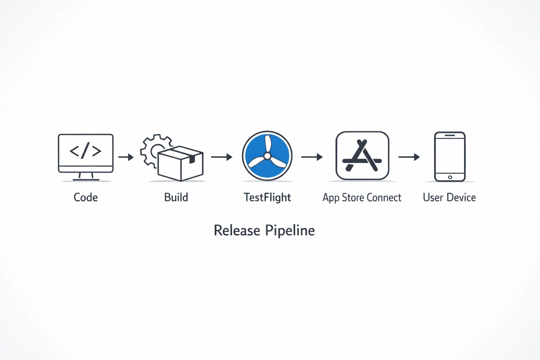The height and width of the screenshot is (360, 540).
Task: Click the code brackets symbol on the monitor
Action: coord(85,150)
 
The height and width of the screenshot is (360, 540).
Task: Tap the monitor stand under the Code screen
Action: coord(86,176)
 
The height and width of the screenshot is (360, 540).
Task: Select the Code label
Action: coord(85,197)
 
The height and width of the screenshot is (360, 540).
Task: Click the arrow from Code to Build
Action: coord(126,157)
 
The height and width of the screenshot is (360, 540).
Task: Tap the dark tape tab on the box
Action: coord(192,159)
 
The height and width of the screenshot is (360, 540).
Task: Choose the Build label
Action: coord(176,197)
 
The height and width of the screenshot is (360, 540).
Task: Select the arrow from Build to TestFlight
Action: coord(221,157)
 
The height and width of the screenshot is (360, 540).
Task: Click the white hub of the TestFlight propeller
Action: coord(267,155)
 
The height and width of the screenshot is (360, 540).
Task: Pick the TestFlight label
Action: coord(267,198)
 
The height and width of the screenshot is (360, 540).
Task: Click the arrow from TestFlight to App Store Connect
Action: coord(312,157)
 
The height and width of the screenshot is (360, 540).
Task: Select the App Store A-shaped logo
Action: coord(362,156)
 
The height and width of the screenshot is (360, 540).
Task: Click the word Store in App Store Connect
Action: coord(353,198)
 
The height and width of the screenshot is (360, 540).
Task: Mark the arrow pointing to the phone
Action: coord(409,157)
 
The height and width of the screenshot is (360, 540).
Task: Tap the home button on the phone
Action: coord(450,177)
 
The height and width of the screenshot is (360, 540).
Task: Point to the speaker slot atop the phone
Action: coord(450,135)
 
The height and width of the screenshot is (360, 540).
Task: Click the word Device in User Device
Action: coord(461,198)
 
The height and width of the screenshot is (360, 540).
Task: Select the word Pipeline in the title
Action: coord(290,231)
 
